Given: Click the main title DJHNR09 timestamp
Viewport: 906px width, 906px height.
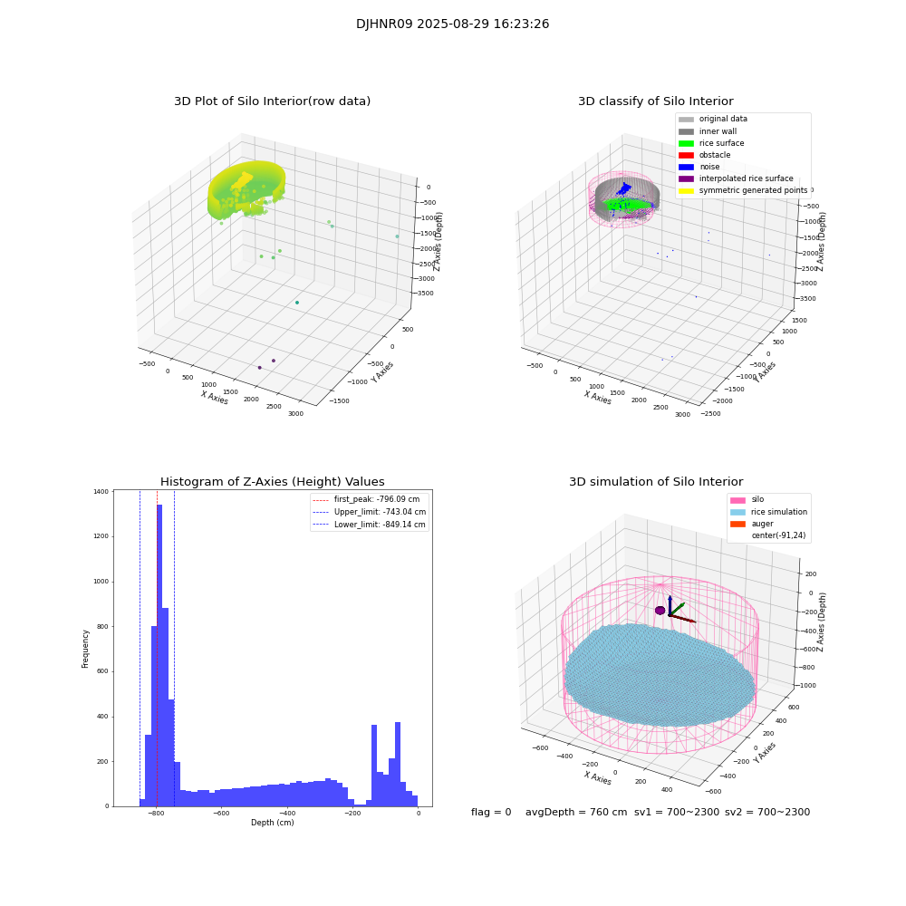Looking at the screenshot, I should pyautogui.click(x=452, y=24).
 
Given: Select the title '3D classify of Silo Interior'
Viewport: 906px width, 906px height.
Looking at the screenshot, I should pyautogui.click(x=655, y=101).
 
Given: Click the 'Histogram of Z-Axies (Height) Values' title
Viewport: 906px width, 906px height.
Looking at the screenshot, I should pyautogui.click(x=272, y=482).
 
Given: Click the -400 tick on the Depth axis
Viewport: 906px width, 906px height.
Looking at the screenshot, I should pyautogui.click(x=352, y=814).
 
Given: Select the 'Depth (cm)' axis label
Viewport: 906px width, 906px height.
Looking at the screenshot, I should pyautogui.click(x=272, y=823).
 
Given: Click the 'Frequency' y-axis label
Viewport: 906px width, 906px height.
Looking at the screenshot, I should pyautogui.click(x=85, y=649).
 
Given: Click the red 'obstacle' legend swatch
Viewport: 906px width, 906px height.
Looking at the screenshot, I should pyautogui.click(x=686, y=155).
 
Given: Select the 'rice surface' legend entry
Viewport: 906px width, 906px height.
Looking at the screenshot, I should pyautogui.click(x=722, y=143).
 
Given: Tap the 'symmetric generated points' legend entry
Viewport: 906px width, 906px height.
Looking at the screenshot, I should pyautogui.click(x=752, y=190).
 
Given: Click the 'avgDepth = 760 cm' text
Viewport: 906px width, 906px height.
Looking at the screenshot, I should pyautogui.click(x=576, y=813).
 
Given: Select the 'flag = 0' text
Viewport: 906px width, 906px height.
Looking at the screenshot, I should pyautogui.click(x=491, y=813).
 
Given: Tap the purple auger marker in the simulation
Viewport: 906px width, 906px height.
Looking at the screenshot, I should pyautogui.click(x=660, y=611).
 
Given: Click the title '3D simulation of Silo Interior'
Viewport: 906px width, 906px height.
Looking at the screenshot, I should pyautogui.click(x=655, y=482).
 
